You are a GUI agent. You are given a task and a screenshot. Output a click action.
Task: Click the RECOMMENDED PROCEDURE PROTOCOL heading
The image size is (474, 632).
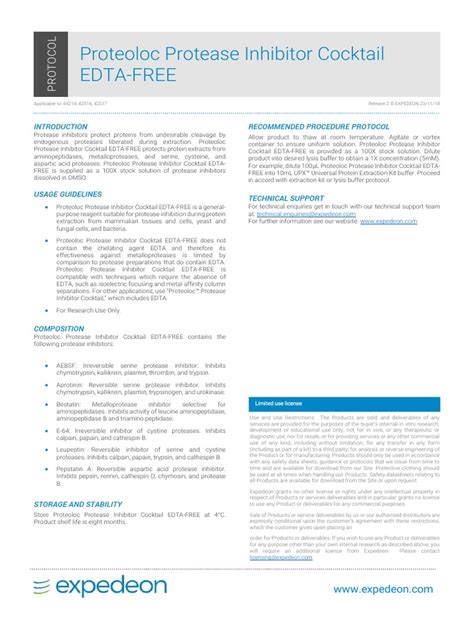tap(318, 128)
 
